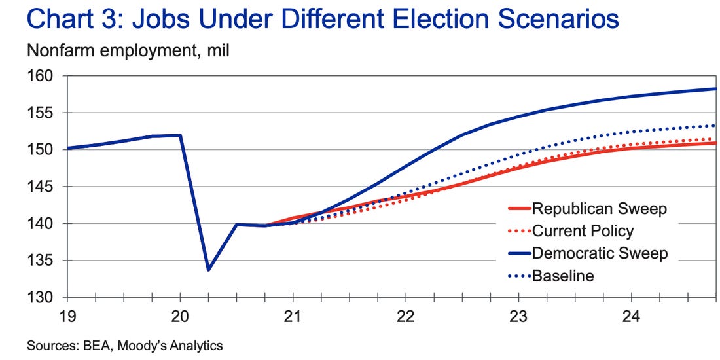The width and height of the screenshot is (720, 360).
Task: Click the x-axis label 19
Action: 68,317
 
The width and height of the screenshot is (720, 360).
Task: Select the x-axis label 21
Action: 293,317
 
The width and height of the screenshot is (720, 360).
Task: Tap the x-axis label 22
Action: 406,317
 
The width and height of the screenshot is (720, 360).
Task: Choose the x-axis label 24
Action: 631,317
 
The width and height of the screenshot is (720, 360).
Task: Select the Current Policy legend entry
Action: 583,231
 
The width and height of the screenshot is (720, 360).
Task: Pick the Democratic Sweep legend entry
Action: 600,253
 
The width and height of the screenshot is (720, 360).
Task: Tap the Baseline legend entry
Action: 563,276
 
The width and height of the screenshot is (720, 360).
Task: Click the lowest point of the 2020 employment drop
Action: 208,270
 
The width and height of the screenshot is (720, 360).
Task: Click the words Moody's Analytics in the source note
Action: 178,346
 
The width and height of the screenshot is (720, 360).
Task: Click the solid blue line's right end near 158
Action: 715,89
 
